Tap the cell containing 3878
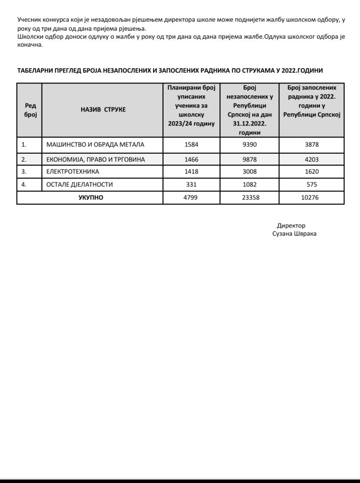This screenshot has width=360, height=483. point(311,144)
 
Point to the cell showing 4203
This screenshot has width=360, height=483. point(311,159)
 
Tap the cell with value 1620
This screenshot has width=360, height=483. point(311,172)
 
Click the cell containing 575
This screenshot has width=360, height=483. point(311,184)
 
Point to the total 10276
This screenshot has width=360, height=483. point(311,198)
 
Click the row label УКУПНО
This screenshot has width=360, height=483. point(91,198)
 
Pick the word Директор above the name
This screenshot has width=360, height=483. point(291,225)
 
